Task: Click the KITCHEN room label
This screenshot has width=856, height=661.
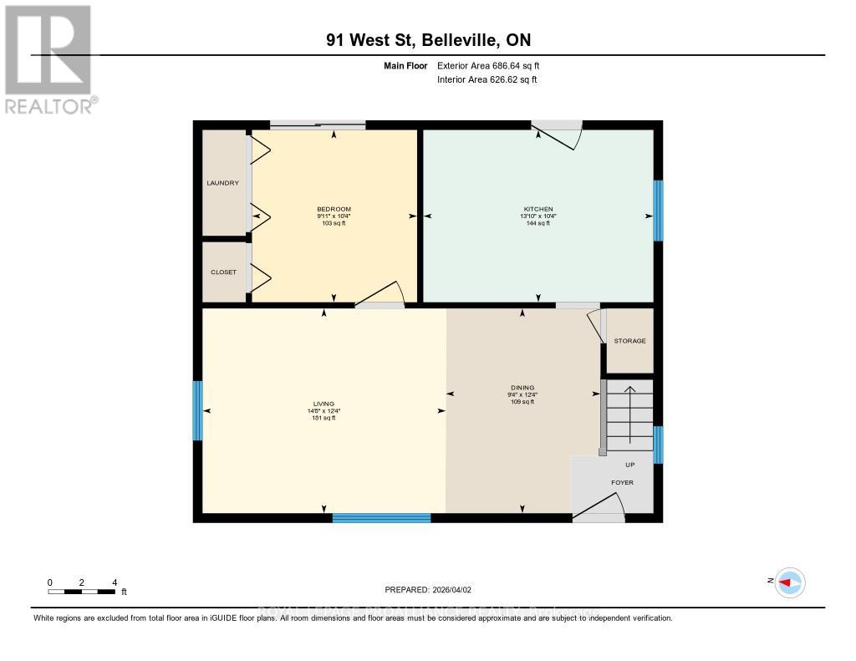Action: coord(538,209)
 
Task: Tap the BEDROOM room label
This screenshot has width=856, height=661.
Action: coord(334,209)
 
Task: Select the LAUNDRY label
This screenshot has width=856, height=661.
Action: coord(223,183)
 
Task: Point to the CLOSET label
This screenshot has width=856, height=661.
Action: coord(223,272)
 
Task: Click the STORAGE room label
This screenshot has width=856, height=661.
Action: coord(629,341)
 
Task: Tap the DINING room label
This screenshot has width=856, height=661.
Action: coord(522,388)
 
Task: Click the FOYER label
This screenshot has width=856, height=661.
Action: coord(622,483)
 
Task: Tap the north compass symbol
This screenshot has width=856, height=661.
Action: coord(789,582)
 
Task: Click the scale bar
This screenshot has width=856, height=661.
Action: coord(82,592)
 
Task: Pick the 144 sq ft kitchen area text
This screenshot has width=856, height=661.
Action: coord(538,223)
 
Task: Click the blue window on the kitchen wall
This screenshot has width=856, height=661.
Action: coord(658,211)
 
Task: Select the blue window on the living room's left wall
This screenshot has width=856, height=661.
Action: coord(198,410)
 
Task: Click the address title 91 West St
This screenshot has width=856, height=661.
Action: coord(427,40)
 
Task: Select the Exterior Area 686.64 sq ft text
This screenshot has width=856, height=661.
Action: coord(494,65)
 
